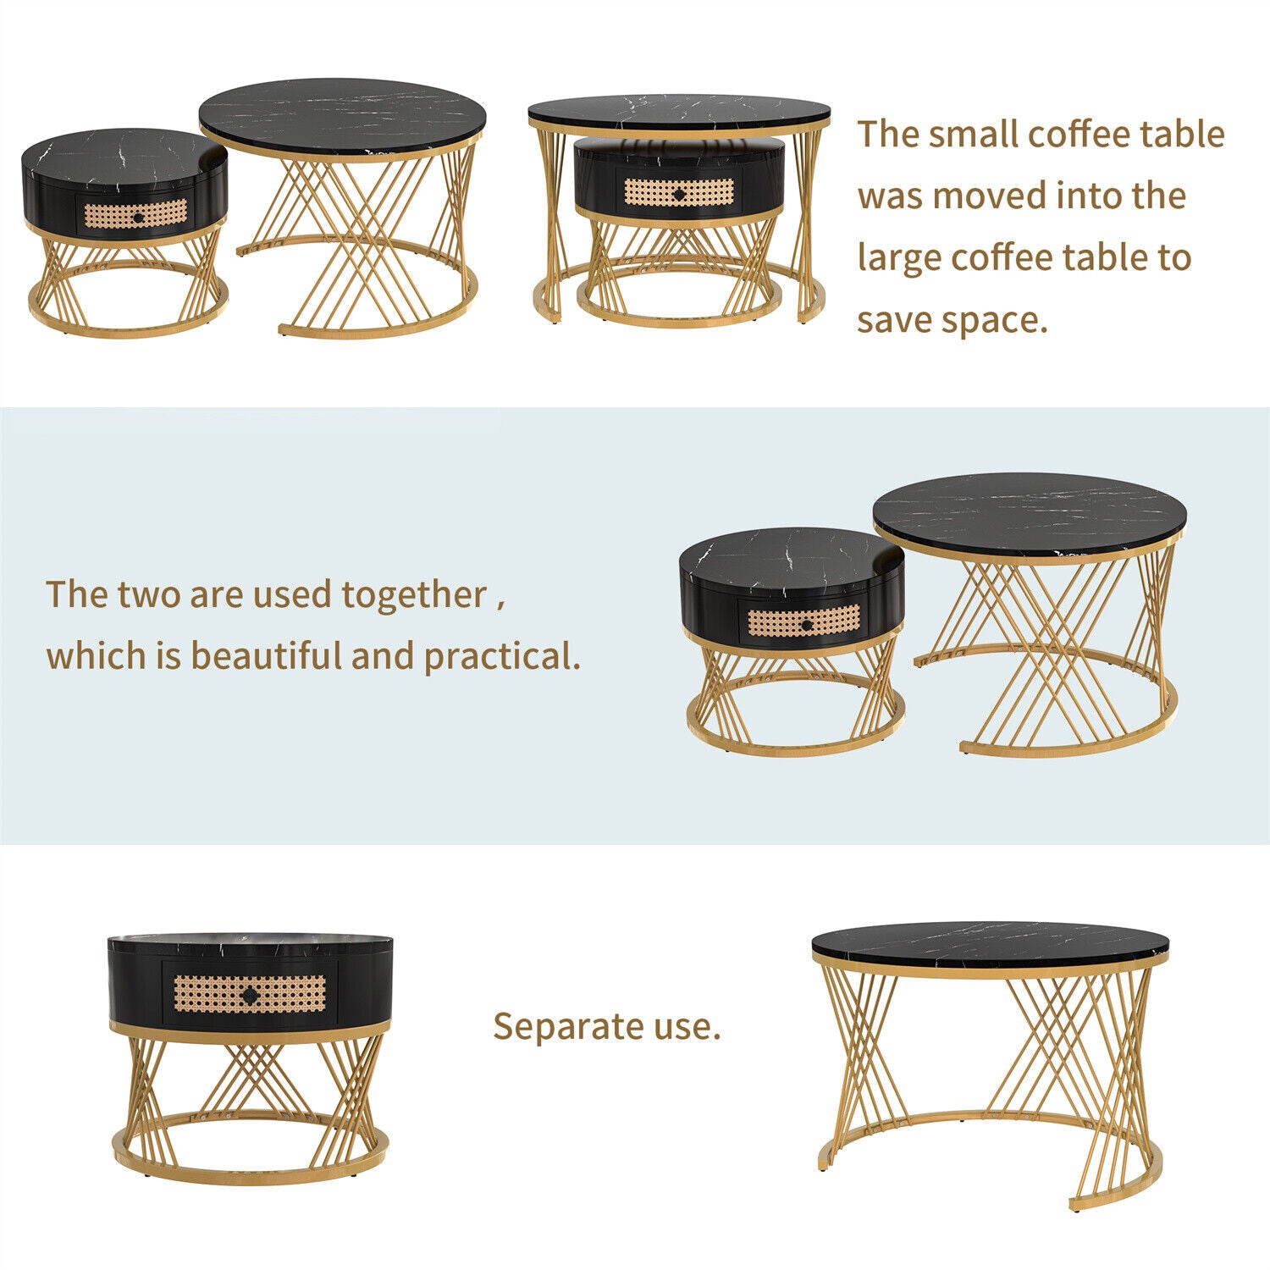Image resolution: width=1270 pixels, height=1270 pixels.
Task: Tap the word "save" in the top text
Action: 894,320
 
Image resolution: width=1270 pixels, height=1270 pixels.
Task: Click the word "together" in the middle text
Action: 414,595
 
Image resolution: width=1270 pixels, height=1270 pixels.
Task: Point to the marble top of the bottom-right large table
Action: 990,942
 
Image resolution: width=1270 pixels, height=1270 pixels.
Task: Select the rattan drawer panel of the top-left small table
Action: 136,215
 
